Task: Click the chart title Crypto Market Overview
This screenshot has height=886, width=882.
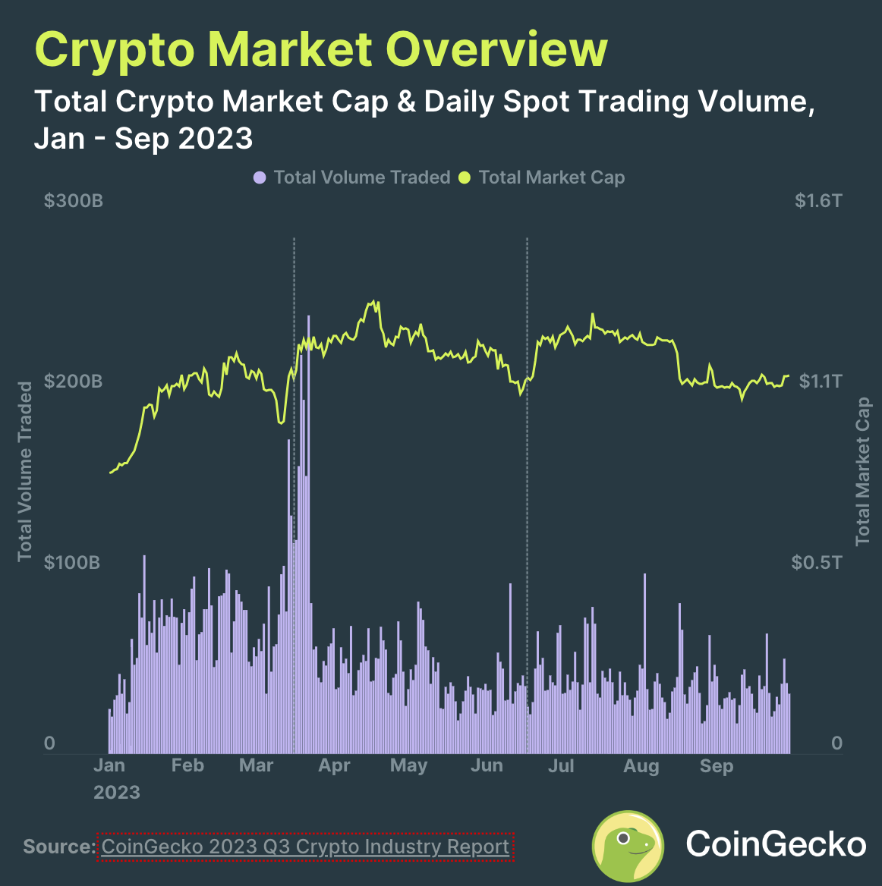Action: tap(320, 50)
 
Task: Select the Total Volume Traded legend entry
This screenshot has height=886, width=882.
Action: tap(352, 178)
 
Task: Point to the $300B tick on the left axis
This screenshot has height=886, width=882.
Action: tap(73, 201)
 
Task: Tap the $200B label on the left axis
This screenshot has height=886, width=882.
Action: tap(73, 381)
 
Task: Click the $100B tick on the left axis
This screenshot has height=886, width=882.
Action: tap(73, 562)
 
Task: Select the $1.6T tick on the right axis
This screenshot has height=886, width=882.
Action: tap(817, 201)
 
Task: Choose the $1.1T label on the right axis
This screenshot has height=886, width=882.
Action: tap(820, 381)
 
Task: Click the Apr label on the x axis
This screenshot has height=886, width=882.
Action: tap(334, 765)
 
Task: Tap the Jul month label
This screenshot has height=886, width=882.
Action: tap(561, 765)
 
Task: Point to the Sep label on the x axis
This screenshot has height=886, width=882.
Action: tap(717, 765)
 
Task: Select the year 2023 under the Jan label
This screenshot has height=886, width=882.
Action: tap(117, 793)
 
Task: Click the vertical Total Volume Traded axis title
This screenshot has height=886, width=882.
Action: tap(26, 471)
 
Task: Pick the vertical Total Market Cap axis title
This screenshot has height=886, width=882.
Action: tap(863, 471)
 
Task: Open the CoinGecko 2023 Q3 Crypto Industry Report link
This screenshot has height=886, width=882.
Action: tap(305, 847)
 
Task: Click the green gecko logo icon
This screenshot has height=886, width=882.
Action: tap(628, 845)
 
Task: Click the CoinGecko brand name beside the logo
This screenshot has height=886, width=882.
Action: tap(776, 844)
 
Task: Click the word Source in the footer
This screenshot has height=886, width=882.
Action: tap(58, 847)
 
